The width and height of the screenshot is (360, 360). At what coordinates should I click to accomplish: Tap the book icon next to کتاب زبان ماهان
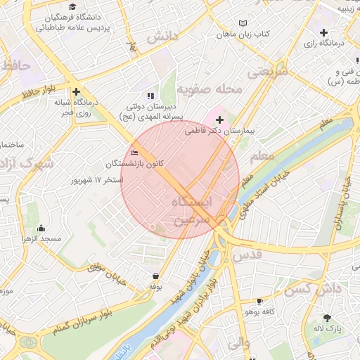pos(243,23)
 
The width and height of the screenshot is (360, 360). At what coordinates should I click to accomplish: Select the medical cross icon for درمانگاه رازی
pos(323,32)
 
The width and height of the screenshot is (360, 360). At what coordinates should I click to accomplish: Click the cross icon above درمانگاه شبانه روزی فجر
pos(76,91)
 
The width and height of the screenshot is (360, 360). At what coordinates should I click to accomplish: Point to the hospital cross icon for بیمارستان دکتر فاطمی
pos(219,120)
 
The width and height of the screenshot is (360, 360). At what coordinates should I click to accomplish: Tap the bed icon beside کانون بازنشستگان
pos(135,153)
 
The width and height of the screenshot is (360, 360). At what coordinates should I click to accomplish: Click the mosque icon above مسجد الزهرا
pos(41,228)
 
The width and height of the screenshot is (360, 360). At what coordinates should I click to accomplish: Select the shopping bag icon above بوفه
pos(155,276)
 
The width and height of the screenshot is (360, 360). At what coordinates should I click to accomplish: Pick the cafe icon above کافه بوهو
pos(259,300)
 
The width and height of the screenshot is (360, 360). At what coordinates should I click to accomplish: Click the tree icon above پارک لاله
pos(327,317)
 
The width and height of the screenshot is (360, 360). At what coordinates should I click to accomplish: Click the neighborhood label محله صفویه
pos(209,90)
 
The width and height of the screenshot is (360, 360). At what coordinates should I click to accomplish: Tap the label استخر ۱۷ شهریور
pos(97,180)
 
